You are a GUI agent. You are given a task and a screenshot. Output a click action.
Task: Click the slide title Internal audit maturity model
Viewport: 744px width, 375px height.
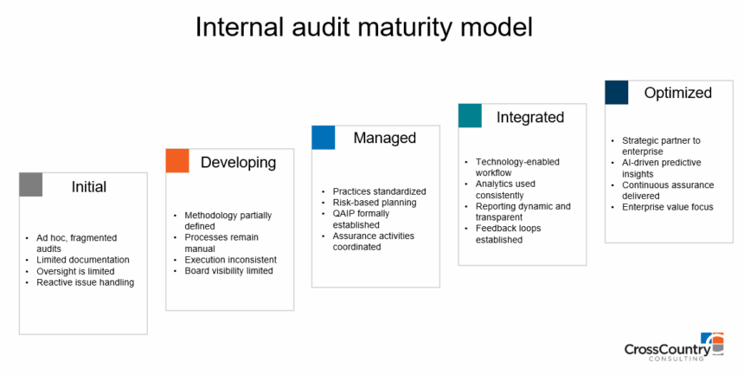point(363,27)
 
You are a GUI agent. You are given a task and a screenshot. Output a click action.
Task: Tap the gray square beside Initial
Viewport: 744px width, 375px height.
point(30,184)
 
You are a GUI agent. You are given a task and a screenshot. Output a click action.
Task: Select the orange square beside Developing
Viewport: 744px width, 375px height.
point(177,160)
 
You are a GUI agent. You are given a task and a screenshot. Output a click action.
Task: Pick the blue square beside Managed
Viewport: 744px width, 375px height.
point(323,138)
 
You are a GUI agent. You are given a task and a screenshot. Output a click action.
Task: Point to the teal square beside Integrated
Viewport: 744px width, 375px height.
point(470,116)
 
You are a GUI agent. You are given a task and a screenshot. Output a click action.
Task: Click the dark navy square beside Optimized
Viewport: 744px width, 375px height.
point(616,92)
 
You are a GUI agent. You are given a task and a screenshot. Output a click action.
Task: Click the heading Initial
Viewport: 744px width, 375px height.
point(89,186)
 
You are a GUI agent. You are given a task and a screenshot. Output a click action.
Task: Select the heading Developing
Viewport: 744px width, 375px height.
point(238,162)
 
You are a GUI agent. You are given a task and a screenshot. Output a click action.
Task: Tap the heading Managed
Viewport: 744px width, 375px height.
point(384,139)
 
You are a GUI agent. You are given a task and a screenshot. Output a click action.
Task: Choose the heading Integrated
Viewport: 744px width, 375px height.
point(529,117)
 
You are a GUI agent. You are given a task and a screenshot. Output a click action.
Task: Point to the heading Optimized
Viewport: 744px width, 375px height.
point(677,93)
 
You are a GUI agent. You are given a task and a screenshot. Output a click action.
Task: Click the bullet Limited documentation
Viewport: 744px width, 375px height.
point(83,260)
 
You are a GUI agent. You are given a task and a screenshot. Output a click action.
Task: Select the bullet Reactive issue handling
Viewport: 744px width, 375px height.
point(85,282)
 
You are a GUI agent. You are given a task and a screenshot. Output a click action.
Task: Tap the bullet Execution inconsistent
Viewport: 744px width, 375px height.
point(230,259)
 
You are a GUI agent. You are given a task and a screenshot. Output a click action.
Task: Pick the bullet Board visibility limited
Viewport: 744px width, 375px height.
point(228,270)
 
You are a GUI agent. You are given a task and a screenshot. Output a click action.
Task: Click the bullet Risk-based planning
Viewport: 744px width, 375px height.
point(375,202)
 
